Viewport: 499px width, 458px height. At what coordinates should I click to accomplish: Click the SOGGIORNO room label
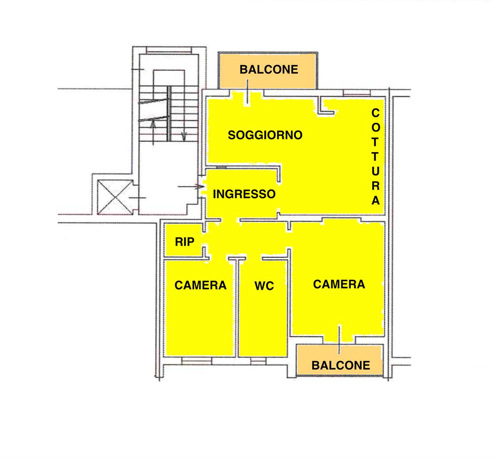pos(265,135)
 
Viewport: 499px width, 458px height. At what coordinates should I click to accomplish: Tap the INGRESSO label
pos(244,194)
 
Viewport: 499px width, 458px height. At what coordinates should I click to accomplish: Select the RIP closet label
pos(185,242)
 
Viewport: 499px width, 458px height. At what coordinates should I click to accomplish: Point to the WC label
pos(264,286)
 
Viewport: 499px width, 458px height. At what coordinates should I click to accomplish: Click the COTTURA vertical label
pos(375,157)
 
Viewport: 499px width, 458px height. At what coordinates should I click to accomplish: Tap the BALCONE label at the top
pos(269,70)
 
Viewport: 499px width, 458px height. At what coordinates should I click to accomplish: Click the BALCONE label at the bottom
pos(341,365)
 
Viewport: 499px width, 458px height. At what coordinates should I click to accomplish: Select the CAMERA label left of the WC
pos(200,285)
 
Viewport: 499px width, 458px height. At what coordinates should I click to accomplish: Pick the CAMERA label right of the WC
pos(339,284)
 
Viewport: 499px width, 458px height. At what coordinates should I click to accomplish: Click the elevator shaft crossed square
pos(115,197)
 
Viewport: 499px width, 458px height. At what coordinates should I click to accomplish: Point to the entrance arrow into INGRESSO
pos(191,187)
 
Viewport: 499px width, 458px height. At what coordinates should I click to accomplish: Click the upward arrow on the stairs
pos(153,132)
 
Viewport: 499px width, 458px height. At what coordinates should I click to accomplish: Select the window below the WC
pos(258,361)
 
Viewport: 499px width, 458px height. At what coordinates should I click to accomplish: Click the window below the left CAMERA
pos(197,361)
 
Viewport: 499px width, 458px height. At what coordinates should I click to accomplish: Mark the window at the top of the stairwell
pos(169,50)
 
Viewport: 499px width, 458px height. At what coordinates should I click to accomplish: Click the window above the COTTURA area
pos(357,93)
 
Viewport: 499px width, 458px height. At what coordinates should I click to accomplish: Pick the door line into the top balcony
pos(247,91)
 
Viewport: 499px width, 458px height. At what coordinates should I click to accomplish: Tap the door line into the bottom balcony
pos(339,340)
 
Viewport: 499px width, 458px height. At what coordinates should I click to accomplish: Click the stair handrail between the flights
pos(169,114)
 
